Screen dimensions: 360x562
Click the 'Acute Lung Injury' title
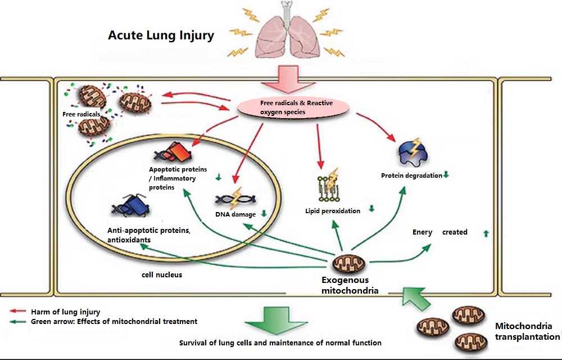(x=161, y=36)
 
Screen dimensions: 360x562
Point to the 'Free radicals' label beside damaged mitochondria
(x=81, y=114)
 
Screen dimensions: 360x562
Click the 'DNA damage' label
(x=235, y=214)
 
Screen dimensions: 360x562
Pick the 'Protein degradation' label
(x=411, y=175)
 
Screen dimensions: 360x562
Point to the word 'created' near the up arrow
(x=455, y=232)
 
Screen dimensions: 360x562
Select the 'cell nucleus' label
(x=162, y=275)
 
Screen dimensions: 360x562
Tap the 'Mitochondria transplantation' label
(x=527, y=331)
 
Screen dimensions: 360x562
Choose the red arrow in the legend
(x=20, y=311)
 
